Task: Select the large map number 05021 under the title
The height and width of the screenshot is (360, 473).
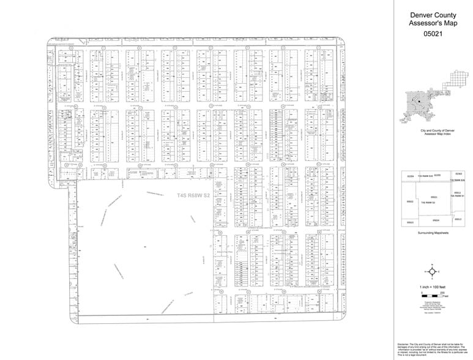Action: click(433, 35)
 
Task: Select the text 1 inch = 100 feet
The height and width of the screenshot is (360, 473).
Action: click(433, 287)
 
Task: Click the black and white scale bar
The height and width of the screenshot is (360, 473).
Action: click(432, 296)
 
